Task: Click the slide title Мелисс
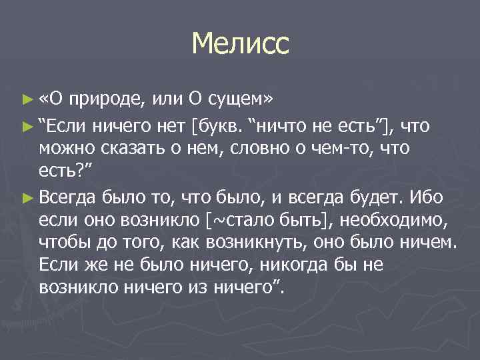point(240,45)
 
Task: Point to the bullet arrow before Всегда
point(27,197)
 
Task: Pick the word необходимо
point(385,221)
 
